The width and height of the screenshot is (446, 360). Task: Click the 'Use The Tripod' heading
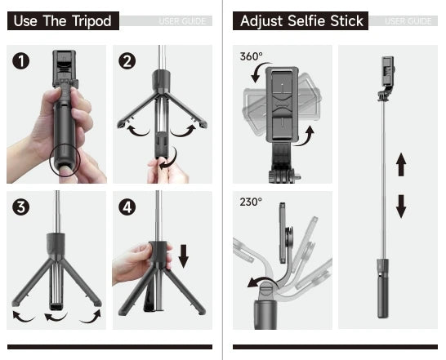[64, 21]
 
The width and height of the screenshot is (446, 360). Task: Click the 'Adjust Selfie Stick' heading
[300, 21]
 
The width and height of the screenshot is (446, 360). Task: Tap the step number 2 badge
[127, 61]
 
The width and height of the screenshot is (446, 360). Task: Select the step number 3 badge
[22, 207]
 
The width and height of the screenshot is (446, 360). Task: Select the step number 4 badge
[127, 207]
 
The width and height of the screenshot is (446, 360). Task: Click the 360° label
[252, 56]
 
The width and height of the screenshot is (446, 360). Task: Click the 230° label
[251, 202]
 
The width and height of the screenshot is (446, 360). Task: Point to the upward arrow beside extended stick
[401, 166]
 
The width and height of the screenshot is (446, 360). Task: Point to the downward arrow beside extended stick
[401, 207]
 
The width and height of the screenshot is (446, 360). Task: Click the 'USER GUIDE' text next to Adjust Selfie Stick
[408, 21]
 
